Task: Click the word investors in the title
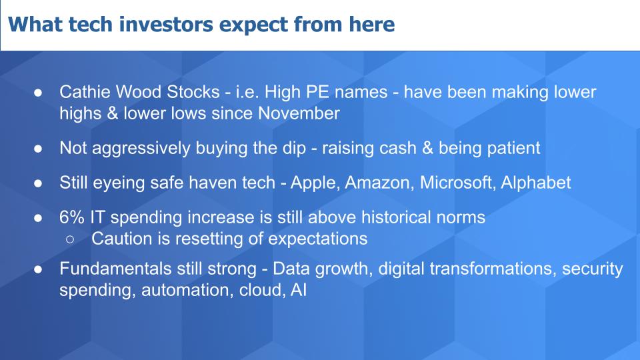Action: [166, 24]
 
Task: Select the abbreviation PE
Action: [317, 92]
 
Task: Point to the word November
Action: [299, 113]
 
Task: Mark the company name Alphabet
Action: [535, 183]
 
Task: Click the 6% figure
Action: [72, 217]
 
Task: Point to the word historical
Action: [396, 217]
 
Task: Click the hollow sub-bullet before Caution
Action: [70, 239]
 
